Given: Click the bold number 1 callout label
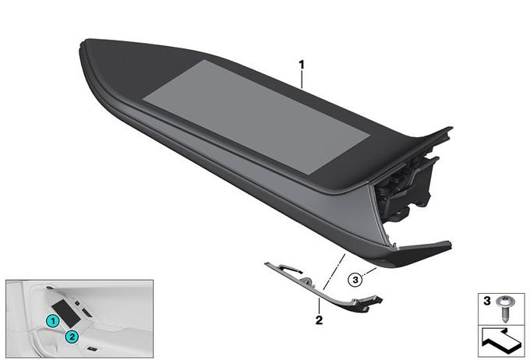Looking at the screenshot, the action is (302, 64).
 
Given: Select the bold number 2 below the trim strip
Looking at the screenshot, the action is (319, 319).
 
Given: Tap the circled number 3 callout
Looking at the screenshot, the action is (355, 280).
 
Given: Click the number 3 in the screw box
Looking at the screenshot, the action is (486, 301).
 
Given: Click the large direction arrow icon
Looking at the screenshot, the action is (502, 341).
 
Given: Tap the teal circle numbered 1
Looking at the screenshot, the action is (53, 321).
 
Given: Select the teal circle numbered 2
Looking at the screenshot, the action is (72, 337).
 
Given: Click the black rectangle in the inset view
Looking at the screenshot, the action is (66, 313).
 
